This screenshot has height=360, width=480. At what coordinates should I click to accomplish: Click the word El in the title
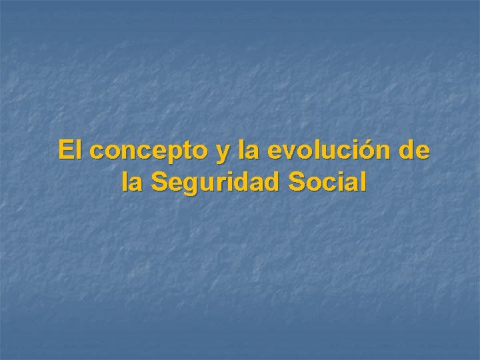coord(71,150)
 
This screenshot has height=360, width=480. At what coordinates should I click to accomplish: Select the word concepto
coord(149,151)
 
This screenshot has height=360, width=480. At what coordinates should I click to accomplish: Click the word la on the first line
coord(248,150)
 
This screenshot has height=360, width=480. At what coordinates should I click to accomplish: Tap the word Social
coord(328,181)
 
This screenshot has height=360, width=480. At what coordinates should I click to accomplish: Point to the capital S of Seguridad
coord(160,181)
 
